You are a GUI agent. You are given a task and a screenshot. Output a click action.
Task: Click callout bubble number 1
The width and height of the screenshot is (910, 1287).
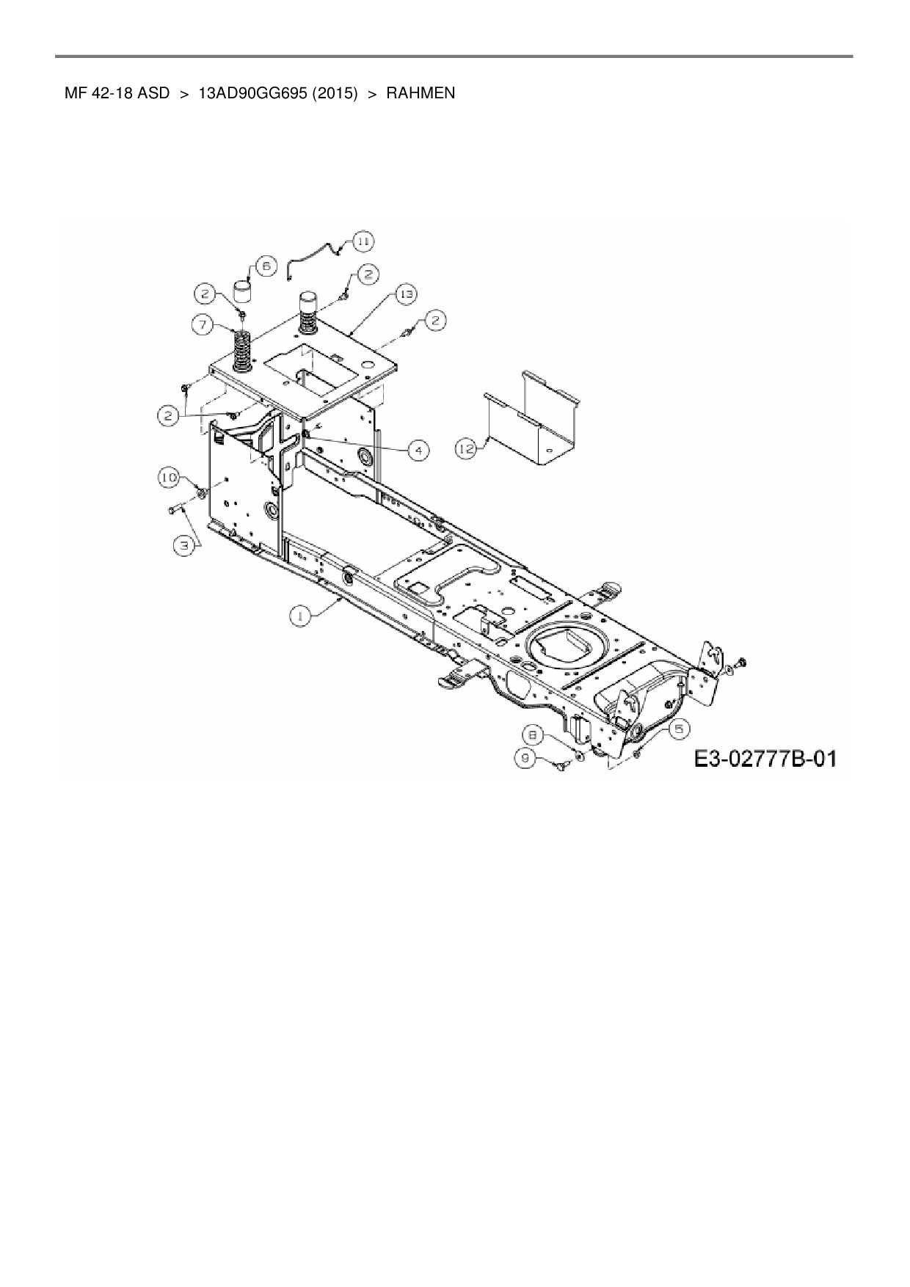(299, 616)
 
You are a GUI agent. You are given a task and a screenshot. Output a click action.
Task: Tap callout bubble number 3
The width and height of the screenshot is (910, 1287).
(185, 544)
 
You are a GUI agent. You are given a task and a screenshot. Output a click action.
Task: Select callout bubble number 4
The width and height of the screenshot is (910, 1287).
(418, 449)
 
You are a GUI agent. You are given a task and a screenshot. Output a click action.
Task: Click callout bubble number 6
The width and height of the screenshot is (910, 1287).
(265, 266)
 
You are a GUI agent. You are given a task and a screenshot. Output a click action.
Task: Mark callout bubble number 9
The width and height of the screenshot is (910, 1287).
(526, 759)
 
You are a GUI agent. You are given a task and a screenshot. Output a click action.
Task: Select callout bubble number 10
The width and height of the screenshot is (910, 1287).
(170, 478)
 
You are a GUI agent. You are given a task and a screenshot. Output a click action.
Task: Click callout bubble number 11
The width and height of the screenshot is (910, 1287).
(363, 241)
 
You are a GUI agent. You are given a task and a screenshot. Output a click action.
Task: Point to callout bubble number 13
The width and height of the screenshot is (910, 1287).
(405, 294)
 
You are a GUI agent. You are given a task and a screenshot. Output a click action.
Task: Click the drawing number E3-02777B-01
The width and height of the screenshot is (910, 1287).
(765, 758)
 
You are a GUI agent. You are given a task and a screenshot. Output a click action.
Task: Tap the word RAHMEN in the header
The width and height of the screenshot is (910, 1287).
(421, 93)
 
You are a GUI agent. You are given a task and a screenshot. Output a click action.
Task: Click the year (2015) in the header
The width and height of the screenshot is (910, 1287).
(334, 93)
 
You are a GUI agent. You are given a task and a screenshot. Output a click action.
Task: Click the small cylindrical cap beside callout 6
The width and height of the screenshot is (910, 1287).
(243, 291)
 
